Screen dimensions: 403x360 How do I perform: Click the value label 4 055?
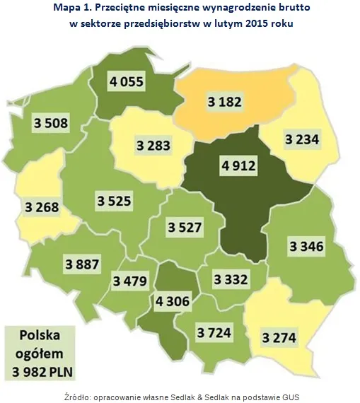(127, 82)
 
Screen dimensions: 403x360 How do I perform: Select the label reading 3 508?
(51, 124)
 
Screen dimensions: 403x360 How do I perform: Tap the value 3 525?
(115, 201)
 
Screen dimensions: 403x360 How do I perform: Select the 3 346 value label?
(306, 246)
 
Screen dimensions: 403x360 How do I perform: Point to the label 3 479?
(129, 281)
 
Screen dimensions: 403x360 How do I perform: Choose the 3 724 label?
(216, 332)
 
